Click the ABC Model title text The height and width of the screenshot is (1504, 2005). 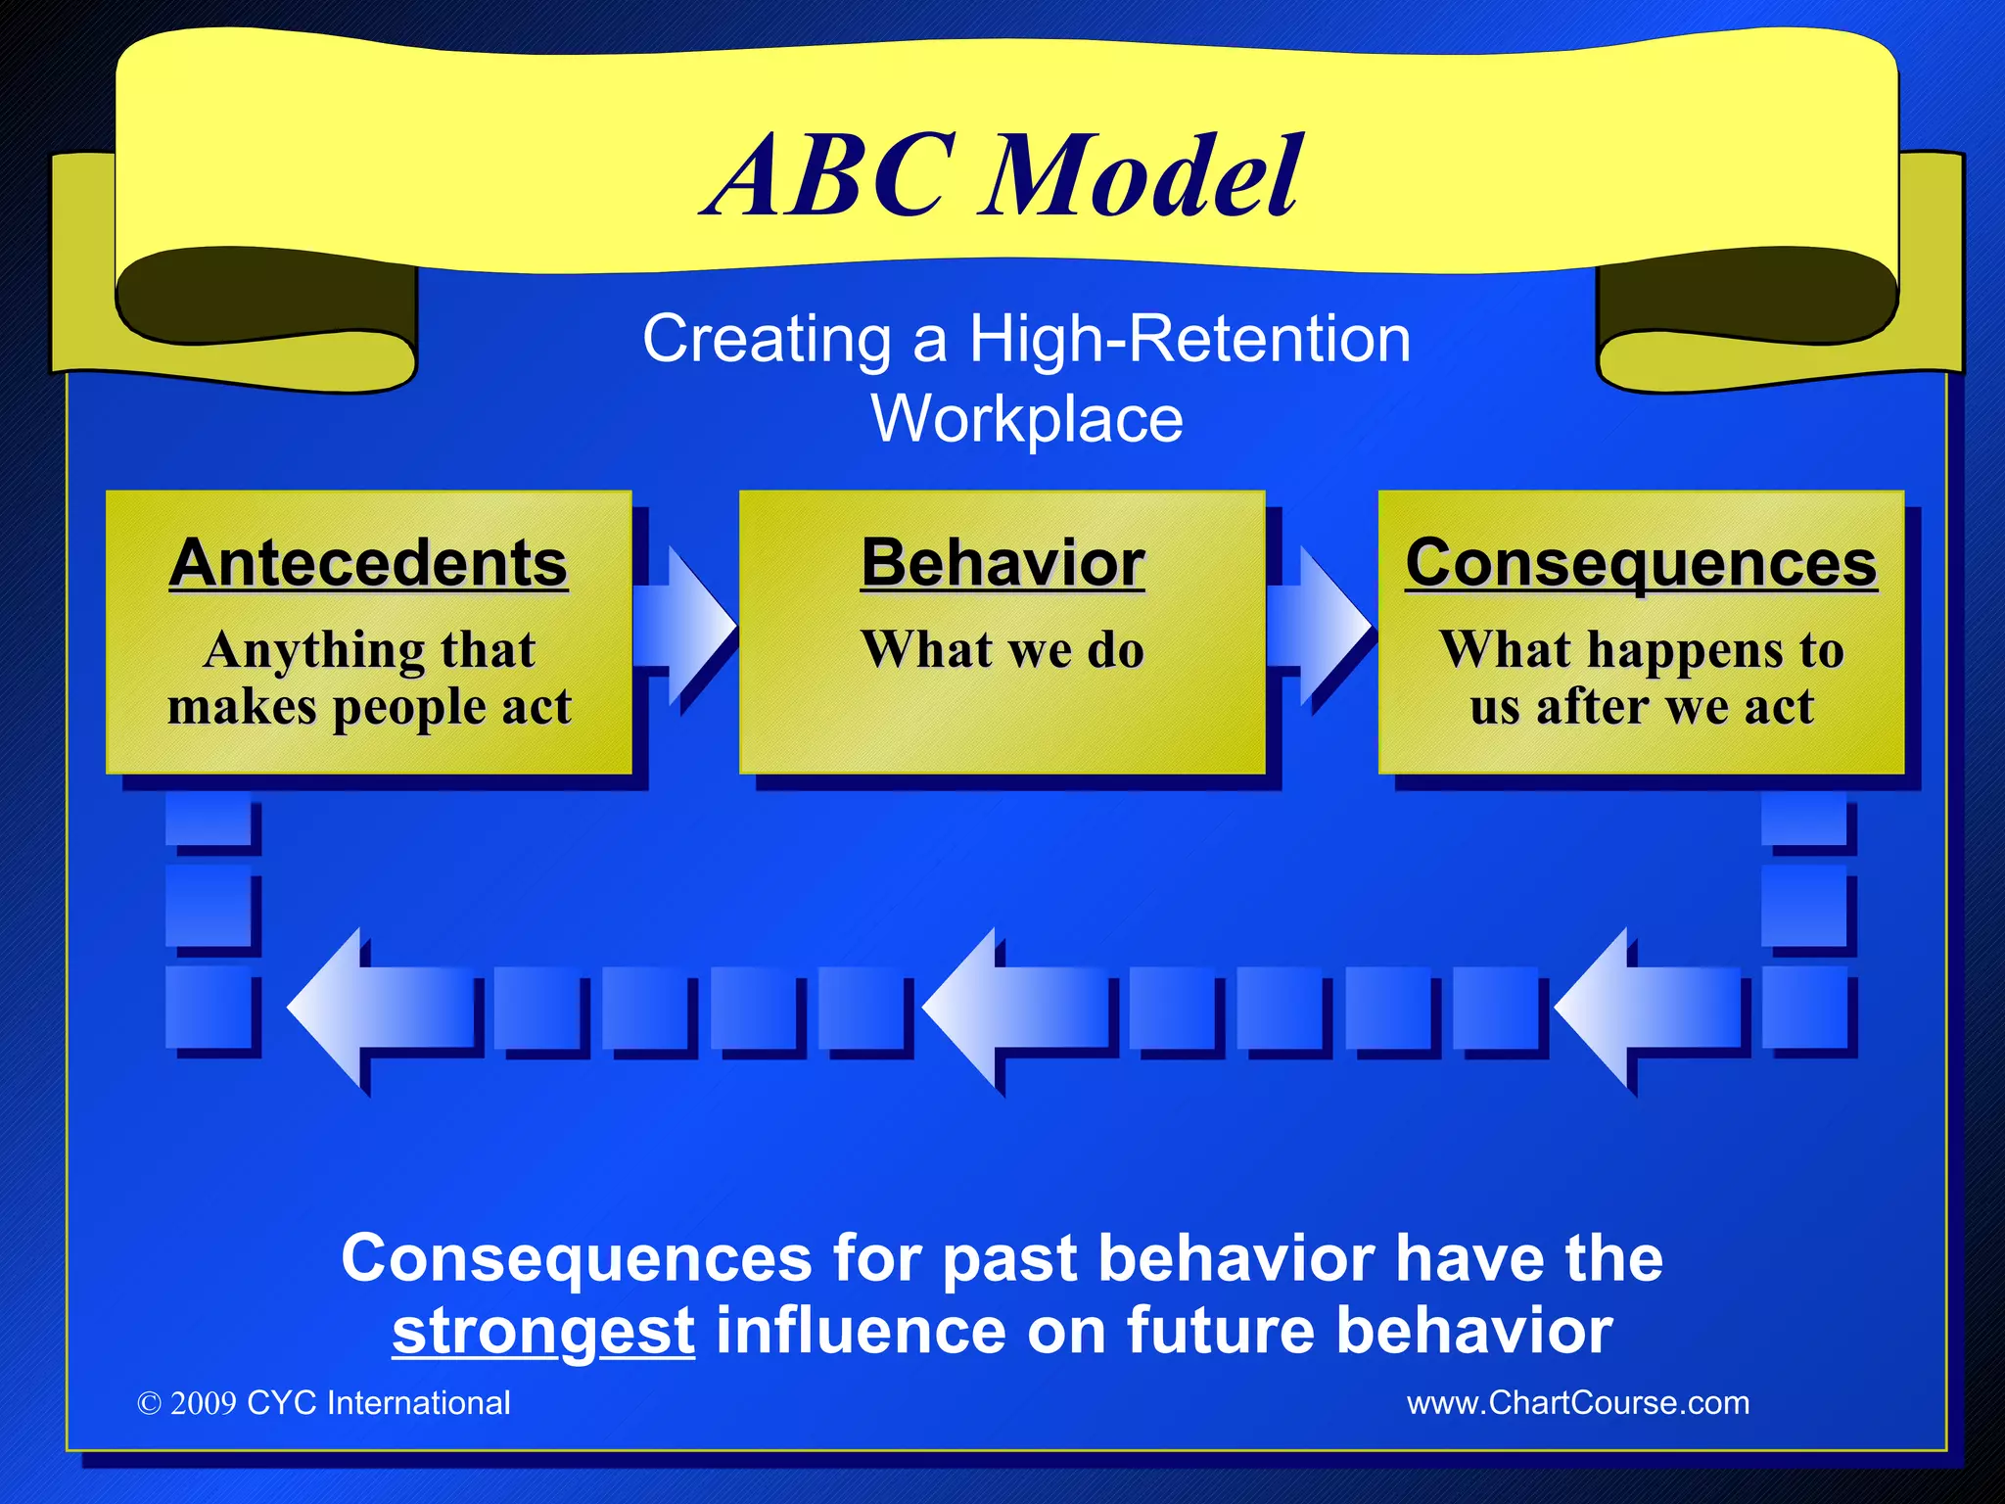[x=1003, y=176]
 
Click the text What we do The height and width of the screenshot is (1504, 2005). [x=1002, y=649]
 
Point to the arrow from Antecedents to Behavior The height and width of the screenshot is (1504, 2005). [x=685, y=624]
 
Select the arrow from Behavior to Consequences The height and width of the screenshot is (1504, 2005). [x=1320, y=624]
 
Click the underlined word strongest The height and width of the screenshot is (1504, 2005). [x=543, y=1332]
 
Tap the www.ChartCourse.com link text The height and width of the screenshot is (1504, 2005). [x=1577, y=1402]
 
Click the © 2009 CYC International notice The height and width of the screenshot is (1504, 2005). [x=324, y=1402]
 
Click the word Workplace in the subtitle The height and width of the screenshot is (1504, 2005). [x=1027, y=419]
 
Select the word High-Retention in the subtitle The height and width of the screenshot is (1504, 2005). [x=1189, y=340]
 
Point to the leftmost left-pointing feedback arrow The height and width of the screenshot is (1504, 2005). [x=382, y=1009]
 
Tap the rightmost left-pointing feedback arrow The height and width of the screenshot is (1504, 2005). [x=1649, y=1009]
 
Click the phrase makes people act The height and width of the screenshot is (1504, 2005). [x=369, y=707]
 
